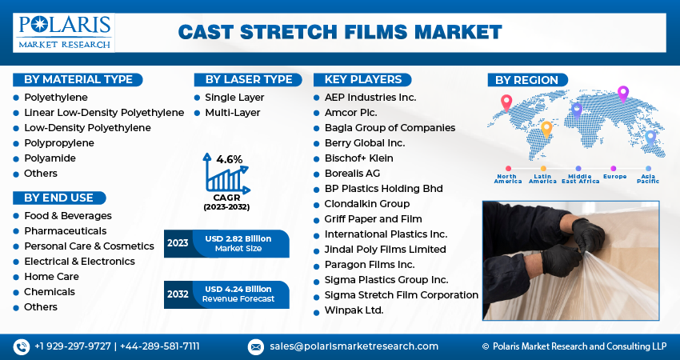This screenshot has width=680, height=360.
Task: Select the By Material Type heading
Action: [x=78, y=79]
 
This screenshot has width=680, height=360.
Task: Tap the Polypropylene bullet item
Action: [x=58, y=143]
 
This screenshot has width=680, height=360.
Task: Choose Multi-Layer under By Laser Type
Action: [x=232, y=113]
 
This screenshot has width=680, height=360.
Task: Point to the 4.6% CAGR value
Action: [x=229, y=159]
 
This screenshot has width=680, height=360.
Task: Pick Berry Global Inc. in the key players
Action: [x=364, y=143]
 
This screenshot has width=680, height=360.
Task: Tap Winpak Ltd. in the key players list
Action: [x=354, y=310]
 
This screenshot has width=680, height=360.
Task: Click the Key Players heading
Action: [x=363, y=79]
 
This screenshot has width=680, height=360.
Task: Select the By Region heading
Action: [x=527, y=80]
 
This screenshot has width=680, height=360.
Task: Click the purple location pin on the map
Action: [x=623, y=93]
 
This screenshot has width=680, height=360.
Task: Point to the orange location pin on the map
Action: [x=546, y=128]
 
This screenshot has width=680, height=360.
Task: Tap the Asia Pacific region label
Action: [x=648, y=178]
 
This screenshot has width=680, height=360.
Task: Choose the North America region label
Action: [x=508, y=178]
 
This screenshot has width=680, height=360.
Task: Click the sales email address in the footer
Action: [x=353, y=346]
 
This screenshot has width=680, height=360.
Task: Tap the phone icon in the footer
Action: [x=21, y=346]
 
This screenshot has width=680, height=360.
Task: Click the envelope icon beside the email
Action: [x=255, y=346]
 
